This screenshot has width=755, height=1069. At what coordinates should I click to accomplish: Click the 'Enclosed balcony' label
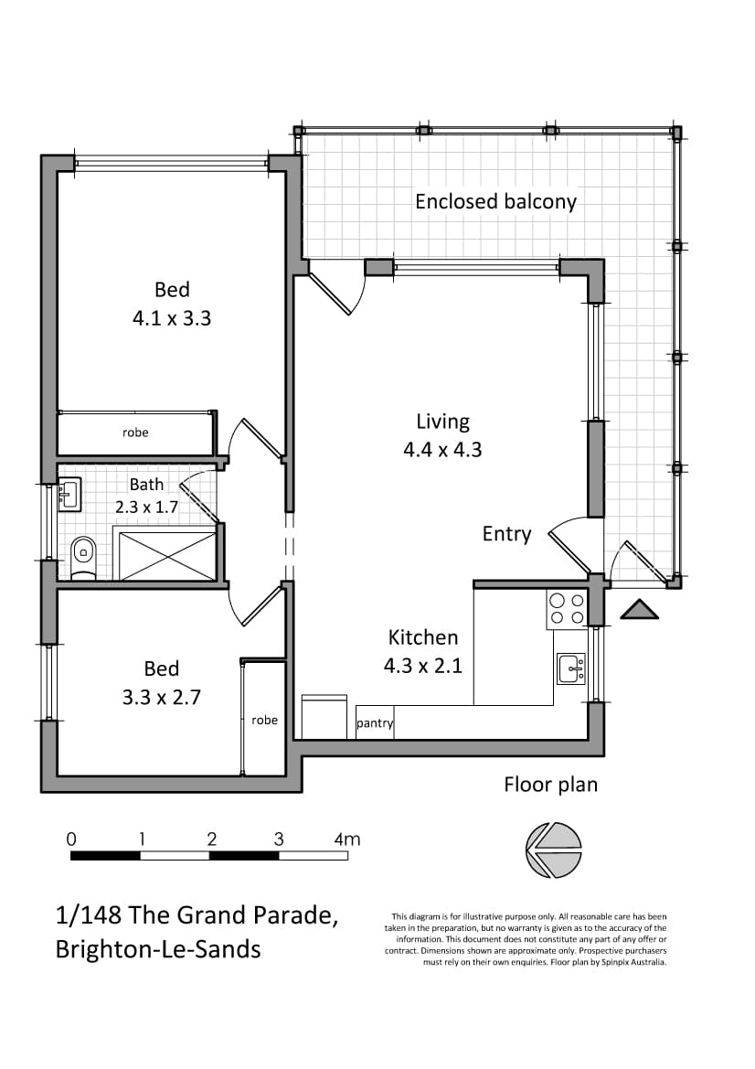(495, 202)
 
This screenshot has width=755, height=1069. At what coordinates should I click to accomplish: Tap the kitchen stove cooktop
(567, 609)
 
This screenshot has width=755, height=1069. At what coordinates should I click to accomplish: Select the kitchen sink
(571, 668)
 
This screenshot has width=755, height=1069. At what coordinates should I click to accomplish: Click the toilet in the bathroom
(83, 557)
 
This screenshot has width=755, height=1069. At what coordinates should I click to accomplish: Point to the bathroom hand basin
(69, 495)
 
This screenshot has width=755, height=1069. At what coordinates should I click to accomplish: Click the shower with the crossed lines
(167, 556)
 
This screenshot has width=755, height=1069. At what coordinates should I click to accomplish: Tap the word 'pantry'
(375, 723)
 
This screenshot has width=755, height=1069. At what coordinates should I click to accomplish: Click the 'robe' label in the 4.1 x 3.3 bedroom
(135, 433)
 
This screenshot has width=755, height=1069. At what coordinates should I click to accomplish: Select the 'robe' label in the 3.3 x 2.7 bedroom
(264, 720)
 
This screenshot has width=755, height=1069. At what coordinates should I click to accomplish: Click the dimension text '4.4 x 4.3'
(443, 450)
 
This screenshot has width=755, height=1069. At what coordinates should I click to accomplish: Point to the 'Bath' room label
(146, 484)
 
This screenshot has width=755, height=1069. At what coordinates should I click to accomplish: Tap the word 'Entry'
(506, 534)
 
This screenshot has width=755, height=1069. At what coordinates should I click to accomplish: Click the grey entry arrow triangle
(639, 610)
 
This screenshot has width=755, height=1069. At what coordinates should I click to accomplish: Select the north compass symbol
(554, 850)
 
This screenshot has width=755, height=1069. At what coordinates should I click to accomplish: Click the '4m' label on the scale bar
(346, 839)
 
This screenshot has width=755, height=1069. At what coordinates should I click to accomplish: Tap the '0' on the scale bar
(71, 839)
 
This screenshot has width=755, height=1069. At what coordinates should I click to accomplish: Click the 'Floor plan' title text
(550, 785)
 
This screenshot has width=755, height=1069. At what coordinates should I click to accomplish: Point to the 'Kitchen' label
(423, 637)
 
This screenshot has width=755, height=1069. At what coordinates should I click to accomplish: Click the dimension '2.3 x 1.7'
(146, 508)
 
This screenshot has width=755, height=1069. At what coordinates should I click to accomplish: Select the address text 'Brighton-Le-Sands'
(158, 950)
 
